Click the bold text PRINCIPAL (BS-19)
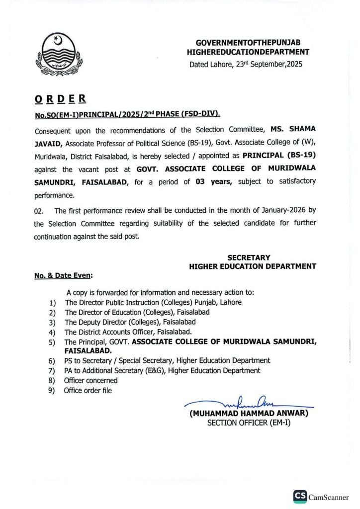pyautogui.click(x=287, y=155)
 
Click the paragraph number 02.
pyautogui.click(x=39, y=211)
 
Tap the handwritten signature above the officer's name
pyautogui.click(x=249, y=403)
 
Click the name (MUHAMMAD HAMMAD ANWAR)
pyautogui.click(x=249, y=413)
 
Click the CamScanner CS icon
pyautogui.click(x=300, y=496)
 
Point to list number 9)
pyautogui.click(x=52, y=391)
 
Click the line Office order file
pyautogui.click(x=88, y=390)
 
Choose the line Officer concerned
pyautogui.click(x=91, y=380)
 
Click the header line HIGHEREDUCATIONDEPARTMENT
pyautogui.click(x=248, y=52)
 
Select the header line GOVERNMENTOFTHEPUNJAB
pyautogui.click(x=248, y=43)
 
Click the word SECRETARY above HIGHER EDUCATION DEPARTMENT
pyautogui.click(x=249, y=257)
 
